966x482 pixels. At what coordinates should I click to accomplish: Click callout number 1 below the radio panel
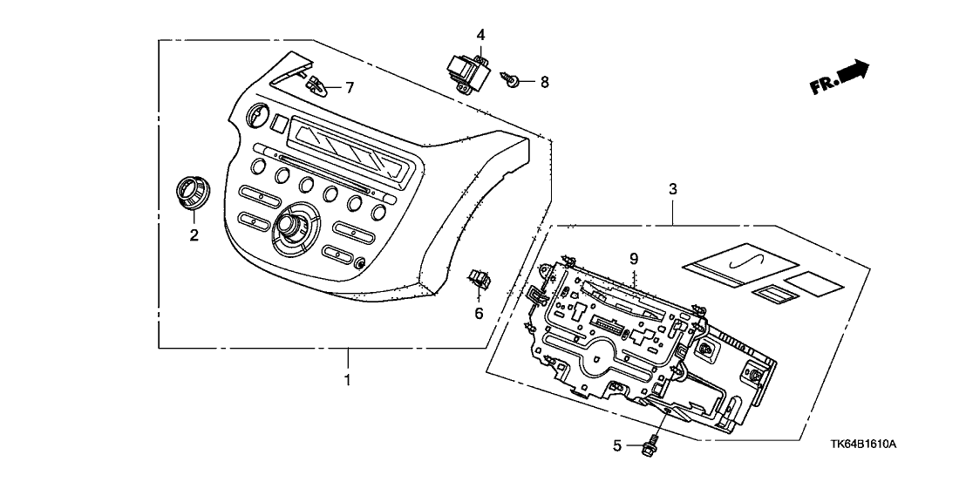[347, 380]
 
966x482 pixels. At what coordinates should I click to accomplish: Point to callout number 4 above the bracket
[480, 34]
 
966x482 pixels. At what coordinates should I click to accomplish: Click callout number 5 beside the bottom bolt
[616, 446]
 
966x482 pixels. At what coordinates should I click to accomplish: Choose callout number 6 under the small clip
[478, 312]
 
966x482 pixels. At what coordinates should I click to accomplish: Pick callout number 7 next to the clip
[350, 87]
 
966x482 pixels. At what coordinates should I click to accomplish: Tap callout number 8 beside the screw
[544, 82]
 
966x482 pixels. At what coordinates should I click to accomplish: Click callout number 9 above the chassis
[634, 258]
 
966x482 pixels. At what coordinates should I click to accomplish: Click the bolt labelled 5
[650, 445]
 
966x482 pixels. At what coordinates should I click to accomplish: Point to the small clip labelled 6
[478, 278]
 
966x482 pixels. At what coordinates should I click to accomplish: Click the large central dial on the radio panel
[289, 227]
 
